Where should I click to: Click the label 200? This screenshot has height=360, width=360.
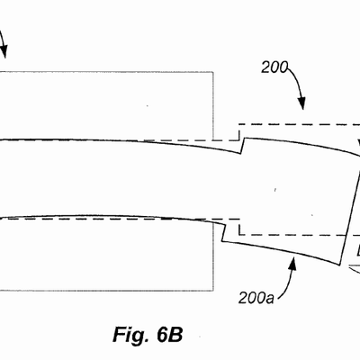click(x=274, y=67)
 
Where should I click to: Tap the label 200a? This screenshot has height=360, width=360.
click(x=256, y=299)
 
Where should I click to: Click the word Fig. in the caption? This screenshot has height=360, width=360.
click(x=130, y=334)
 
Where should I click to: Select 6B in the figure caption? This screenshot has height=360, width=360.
click(x=169, y=334)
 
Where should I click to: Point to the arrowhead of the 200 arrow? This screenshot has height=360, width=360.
click(x=301, y=104)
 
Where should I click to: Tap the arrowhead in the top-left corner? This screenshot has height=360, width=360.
click(x=4, y=51)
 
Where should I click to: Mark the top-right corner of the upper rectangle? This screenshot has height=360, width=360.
click(x=213, y=72)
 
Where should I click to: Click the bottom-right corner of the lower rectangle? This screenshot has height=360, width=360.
click(x=213, y=291)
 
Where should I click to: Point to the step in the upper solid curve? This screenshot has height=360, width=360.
click(x=243, y=146)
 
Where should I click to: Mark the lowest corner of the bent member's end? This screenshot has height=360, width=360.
click(x=340, y=265)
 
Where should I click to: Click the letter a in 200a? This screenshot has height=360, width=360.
click(x=270, y=300)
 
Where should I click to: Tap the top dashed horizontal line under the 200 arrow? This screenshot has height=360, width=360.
click(x=299, y=124)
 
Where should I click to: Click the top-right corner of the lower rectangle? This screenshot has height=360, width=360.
click(x=213, y=223)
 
